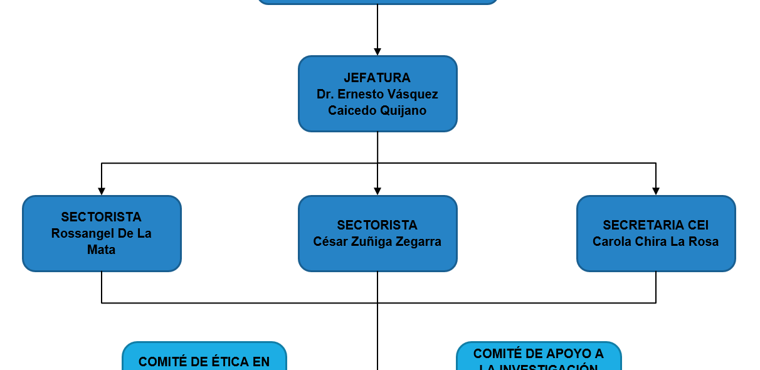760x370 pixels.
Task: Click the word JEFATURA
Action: pos(377,78)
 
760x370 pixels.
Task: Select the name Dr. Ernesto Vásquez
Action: pos(377,94)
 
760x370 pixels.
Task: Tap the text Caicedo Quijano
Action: pos(377,110)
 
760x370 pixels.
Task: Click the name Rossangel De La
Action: pos(102,233)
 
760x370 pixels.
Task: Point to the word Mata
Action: pos(102,250)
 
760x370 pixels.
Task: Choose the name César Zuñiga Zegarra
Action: pos(377,241)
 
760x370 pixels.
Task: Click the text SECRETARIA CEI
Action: pos(655,225)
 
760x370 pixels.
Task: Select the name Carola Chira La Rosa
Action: pos(655,241)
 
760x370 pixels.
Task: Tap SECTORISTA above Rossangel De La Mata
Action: pos(102,217)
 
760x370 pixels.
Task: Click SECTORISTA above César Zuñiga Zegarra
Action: pos(377,225)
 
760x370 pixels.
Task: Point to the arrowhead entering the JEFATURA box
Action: pos(377,52)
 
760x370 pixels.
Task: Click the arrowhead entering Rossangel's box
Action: pos(102,191)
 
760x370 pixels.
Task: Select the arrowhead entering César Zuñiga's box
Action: pos(377,191)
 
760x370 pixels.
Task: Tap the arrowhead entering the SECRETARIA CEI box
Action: pos(656,191)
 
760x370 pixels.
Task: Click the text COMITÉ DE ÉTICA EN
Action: pos(204,362)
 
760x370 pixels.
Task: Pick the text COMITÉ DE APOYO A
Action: pos(538,354)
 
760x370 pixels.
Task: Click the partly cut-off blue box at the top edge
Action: pos(377,2)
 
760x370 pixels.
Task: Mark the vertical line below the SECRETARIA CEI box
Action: pos(656,287)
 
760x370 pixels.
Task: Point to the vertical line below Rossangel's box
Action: pos(102,287)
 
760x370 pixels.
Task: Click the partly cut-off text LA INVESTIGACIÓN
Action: pos(538,367)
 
